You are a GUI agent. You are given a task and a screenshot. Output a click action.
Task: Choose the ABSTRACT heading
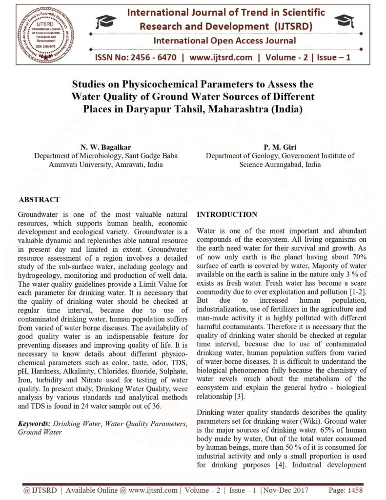39,200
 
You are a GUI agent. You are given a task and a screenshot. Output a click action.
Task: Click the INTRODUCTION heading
226,215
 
